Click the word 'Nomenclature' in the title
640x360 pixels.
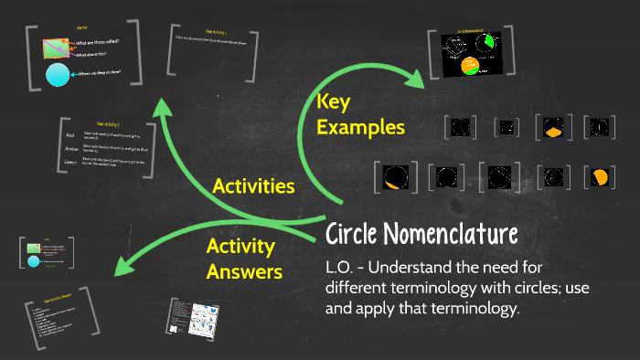click(x=457, y=235)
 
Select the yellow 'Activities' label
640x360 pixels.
click(x=253, y=186)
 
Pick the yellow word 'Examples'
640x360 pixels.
click(x=360, y=127)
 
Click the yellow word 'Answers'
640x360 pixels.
click(x=244, y=270)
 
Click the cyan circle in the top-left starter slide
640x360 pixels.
click(x=58, y=75)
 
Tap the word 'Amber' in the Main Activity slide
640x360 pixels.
click(x=71, y=148)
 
